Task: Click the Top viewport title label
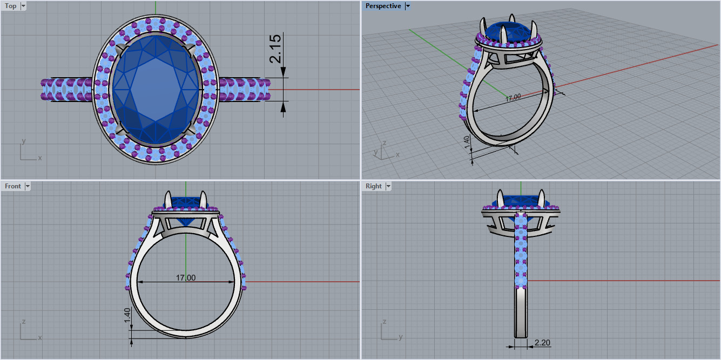10,6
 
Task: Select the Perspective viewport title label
383,6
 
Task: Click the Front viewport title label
12,186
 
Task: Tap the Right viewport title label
373,186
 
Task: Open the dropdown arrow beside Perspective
408,6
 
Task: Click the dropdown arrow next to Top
23,6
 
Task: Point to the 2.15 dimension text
275,49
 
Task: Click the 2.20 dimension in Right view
542,343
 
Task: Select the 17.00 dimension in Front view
186,278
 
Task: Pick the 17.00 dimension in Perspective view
513,98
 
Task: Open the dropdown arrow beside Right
388,186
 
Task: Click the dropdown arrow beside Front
28,186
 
